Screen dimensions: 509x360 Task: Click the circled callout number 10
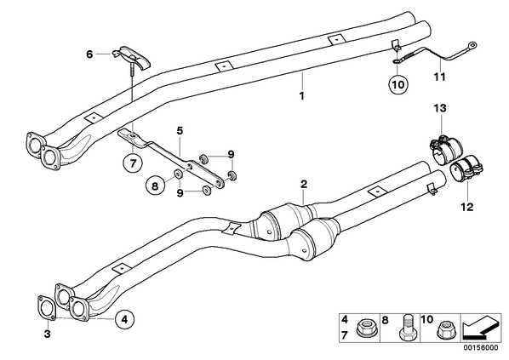(398, 84)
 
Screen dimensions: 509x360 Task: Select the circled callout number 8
(155, 186)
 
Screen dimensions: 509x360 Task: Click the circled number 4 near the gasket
(124, 319)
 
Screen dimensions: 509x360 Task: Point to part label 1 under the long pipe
(302, 96)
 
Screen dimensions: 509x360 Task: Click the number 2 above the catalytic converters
(304, 185)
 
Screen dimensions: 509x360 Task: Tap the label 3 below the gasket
(48, 334)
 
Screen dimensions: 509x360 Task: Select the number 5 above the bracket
(180, 131)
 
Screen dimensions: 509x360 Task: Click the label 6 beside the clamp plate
(89, 54)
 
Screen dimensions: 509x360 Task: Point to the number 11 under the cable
(440, 77)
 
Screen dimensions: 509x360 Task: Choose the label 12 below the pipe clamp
(467, 207)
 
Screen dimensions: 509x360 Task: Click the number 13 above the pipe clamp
(440, 108)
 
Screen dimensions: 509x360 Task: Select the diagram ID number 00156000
(480, 348)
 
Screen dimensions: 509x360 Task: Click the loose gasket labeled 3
(47, 307)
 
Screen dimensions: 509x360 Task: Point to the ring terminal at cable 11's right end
(472, 45)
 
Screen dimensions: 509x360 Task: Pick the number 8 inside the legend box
(385, 320)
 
